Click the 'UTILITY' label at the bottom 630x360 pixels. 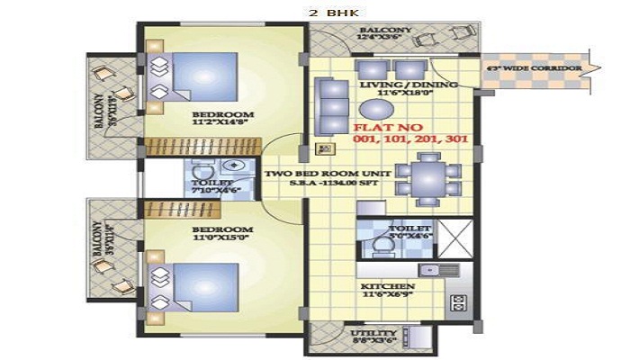(370, 333)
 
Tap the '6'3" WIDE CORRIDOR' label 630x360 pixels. (532, 68)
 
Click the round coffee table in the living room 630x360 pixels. (382, 109)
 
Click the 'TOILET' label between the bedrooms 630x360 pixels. (211, 183)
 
